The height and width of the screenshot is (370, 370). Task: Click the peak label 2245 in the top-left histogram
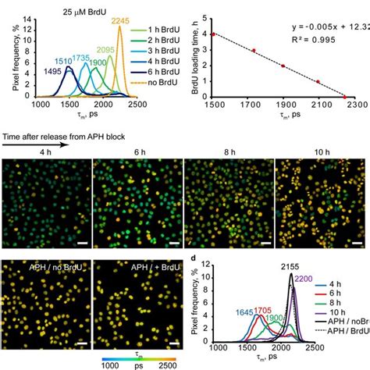point(122,21)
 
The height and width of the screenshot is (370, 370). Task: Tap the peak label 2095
point(106,50)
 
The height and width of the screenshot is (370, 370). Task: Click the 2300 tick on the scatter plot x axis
point(358,105)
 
